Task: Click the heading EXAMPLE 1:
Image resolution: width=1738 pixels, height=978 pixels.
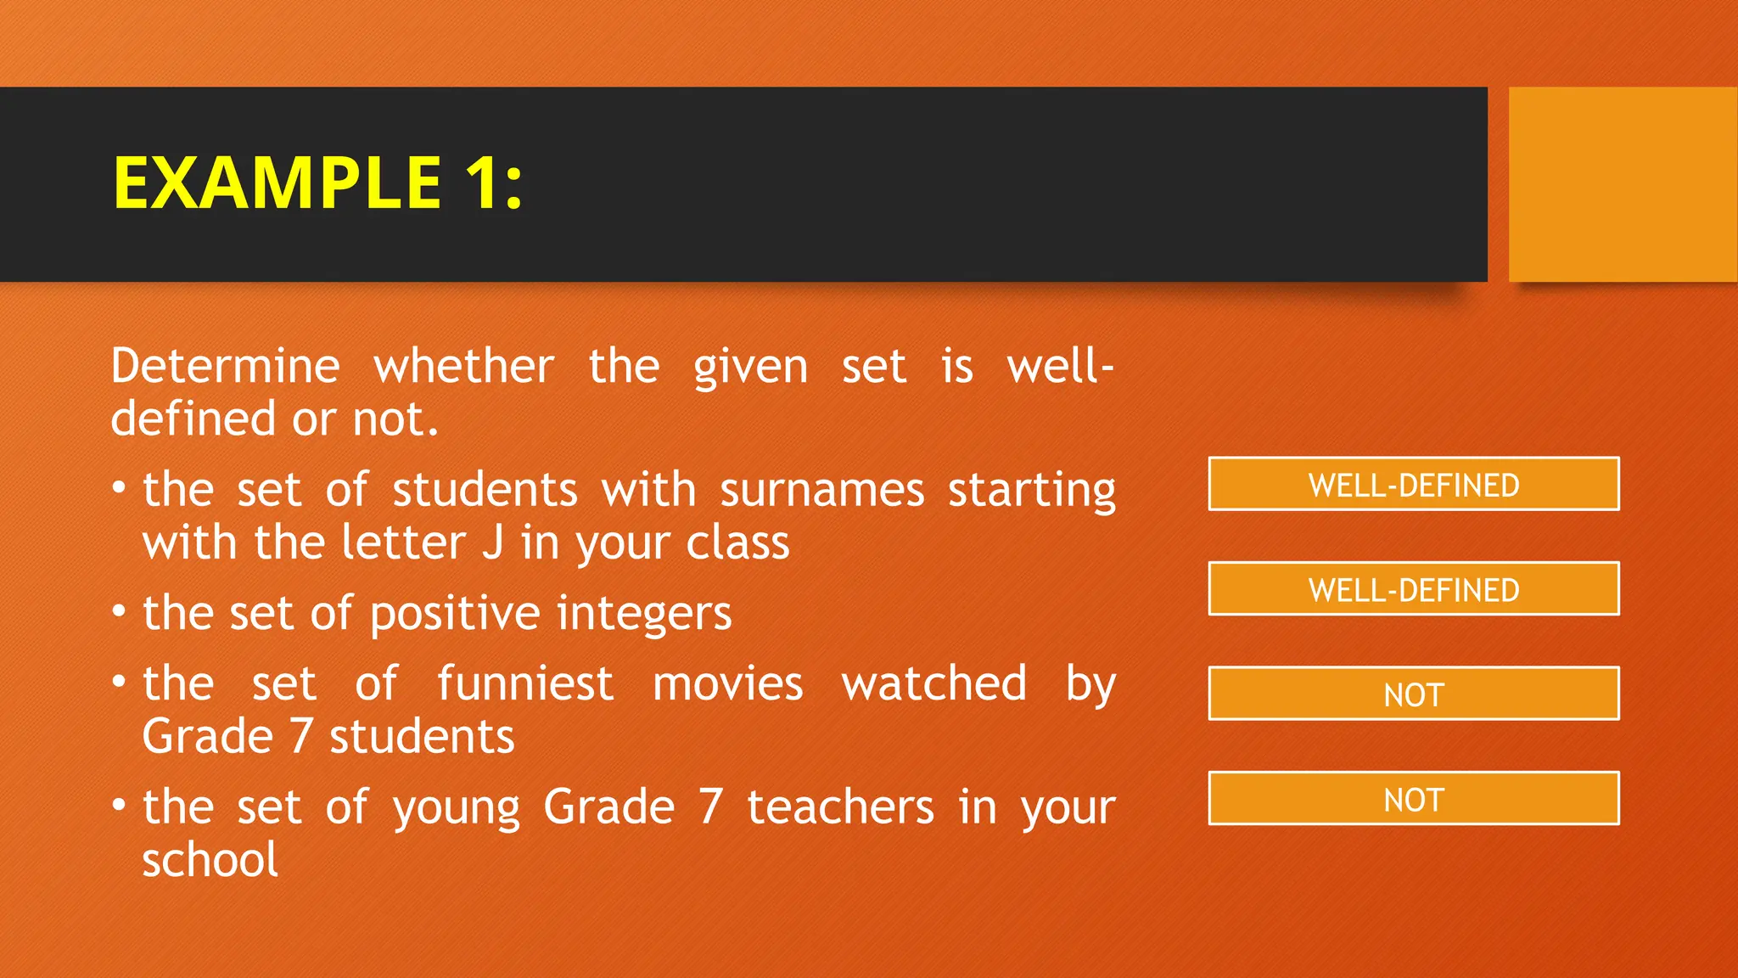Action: click(x=317, y=183)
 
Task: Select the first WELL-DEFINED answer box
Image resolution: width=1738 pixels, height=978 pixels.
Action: click(x=1413, y=485)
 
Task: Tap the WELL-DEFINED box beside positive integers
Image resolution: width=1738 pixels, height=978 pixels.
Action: click(x=1413, y=589)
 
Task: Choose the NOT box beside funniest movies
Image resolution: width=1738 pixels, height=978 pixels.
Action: click(x=1413, y=694)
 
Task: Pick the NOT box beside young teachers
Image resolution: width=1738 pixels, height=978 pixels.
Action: click(x=1413, y=799)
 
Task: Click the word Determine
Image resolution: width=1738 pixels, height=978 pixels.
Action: click(x=226, y=367)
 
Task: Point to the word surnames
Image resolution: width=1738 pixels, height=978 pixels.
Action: click(x=821, y=491)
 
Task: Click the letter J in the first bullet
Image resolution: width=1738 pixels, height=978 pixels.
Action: click(x=493, y=543)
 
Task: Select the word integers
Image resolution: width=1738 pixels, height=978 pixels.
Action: click(x=644, y=614)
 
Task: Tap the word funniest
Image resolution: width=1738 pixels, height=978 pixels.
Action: click(x=524, y=684)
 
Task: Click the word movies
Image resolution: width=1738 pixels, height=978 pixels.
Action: click(x=727, y=684)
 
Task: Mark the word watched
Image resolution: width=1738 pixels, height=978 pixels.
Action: click(x=933, y=684)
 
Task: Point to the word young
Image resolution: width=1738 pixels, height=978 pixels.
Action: click(x=456, y=808)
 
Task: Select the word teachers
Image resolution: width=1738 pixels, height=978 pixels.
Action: click(x=840, y=807)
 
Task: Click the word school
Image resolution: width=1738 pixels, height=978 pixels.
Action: click(x=210, y=860)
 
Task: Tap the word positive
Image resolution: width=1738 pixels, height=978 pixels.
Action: click(x=455, y=614)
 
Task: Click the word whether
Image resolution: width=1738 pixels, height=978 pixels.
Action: click(x=464, y=367)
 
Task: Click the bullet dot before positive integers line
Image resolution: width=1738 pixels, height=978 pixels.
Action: click(x=119, y=611)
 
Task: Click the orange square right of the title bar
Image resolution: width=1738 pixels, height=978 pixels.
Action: click(x=1623, y=184)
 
